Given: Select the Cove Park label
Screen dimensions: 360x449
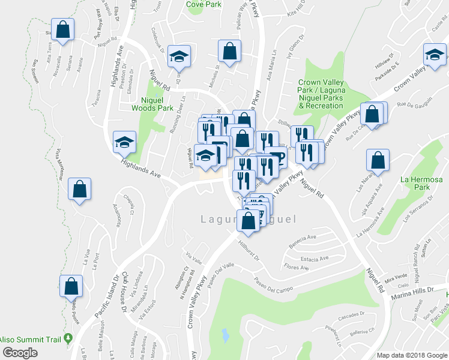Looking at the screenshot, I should (203, 4).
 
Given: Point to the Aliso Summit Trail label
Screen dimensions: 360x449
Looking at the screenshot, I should (30, 338).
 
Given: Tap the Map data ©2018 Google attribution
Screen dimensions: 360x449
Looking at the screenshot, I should (411, 355).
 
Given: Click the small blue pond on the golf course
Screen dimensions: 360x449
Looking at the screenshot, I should (224, 334).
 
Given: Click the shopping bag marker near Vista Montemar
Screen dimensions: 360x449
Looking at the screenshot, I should (79, 189).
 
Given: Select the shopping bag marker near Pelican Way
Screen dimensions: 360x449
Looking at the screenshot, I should (229, 52).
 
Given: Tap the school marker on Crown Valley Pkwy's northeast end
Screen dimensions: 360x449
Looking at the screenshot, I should (434, 55).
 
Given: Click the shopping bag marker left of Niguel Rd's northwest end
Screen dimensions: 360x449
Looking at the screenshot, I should (63, 29).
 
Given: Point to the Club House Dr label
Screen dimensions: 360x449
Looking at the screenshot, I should (125, 290).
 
